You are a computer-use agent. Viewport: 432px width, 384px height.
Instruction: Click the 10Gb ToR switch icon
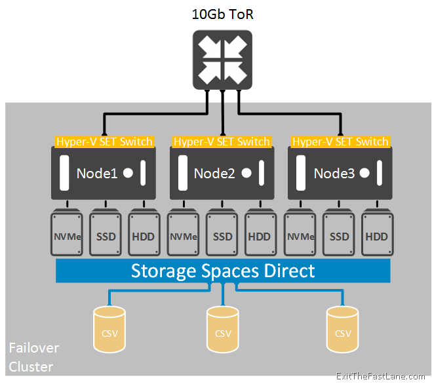click(223, 60)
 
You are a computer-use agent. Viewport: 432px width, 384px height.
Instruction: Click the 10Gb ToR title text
click(223, 14)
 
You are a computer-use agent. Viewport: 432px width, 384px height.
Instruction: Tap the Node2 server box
click(222, 173)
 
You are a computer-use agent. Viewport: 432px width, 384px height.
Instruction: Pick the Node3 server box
click(340, 173)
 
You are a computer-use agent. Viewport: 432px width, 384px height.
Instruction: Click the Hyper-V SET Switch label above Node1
click(104, 142)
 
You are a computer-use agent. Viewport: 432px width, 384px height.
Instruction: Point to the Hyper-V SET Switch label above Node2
click(222, 142)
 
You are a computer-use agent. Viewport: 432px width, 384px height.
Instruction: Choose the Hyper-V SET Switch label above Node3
click(340, 142)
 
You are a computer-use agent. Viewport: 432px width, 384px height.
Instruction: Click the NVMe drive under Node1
click(68, 234)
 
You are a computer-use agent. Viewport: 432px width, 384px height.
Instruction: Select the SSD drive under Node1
click(106, 234)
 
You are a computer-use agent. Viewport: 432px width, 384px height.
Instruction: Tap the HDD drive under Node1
click(144, 234)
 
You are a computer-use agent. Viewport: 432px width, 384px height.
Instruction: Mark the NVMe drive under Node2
click(184, 234)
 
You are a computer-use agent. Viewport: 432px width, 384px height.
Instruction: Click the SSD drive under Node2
click(222, 234)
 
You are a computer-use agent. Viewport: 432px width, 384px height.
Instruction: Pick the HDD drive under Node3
click(377, 234)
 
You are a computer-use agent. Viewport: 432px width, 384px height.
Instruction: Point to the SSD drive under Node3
click(339, 234)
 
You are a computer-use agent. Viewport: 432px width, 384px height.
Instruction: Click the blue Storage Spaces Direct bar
click(223, 271)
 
